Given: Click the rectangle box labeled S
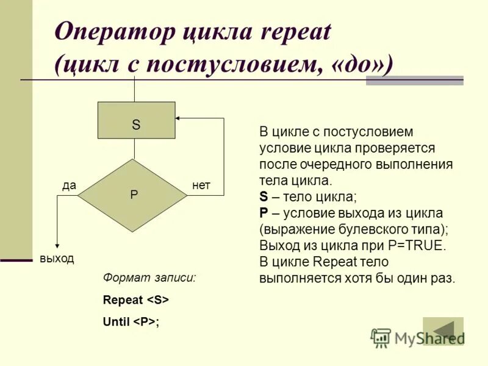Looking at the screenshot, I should (136, 120).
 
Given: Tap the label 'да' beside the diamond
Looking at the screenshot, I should (69, 185).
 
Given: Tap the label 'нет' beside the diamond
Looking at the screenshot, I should (201, 185).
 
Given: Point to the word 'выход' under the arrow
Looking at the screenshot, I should (57, 258).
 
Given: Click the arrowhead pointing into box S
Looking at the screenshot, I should (178, 118).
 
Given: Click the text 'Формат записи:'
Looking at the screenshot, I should (149, 278).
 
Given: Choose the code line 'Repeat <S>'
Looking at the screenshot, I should (135, 300).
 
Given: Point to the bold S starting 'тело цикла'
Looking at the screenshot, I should (264, 197).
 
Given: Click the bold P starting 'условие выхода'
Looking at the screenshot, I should (264, 213).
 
